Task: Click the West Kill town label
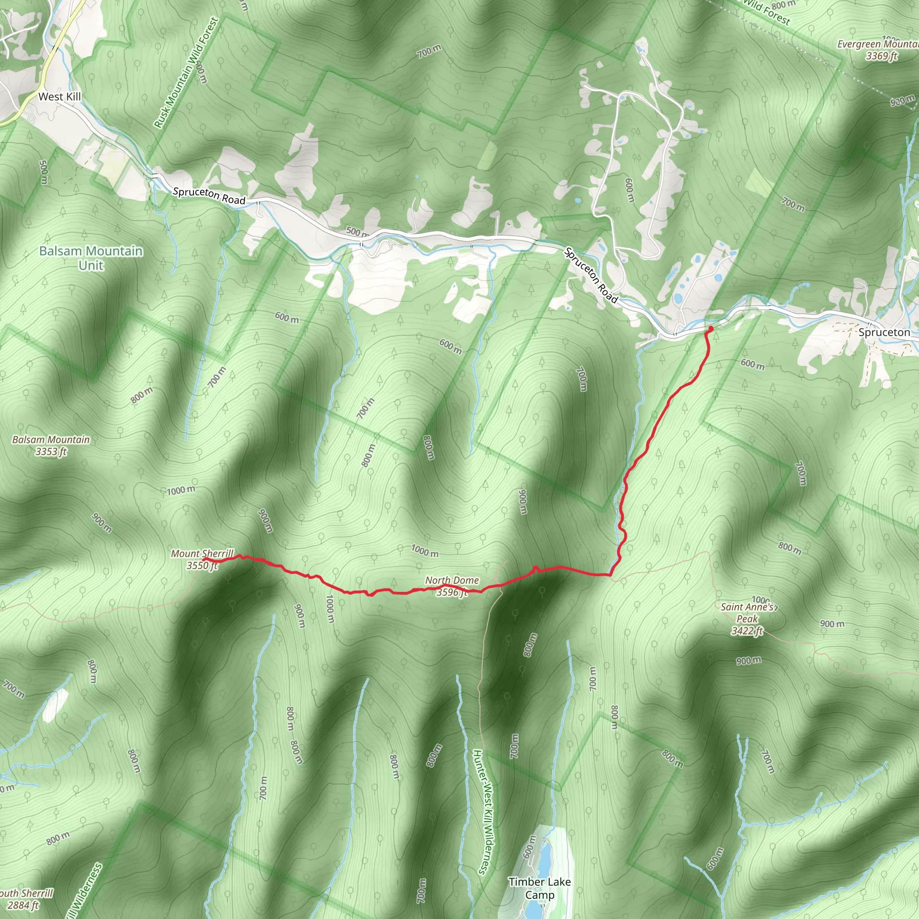[x=60, y=96]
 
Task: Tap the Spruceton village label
[x=884, y=332]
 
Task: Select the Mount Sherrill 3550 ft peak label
[x=202, y=559]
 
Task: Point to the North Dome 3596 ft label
[x=452, y=586]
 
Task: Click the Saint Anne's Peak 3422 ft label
[x=747, y=618]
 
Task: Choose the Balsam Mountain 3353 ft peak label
[x=51, y=445]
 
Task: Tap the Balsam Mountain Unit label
[x=91, y=258]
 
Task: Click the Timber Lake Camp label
[x=539, y=888]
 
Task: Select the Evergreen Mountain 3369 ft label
[x=878, y=50]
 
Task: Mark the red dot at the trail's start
[x=711, y=328]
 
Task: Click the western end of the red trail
[x=204, y=560]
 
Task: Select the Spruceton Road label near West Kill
[x=209, y=196]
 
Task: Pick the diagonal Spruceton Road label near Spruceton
[x=591, y=276]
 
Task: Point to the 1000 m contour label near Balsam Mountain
[x=181, y=490]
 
